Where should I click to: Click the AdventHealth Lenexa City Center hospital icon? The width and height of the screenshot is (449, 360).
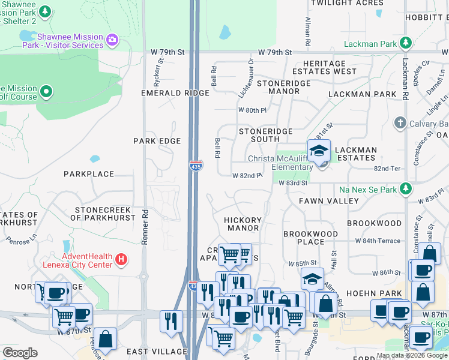coord(121,259)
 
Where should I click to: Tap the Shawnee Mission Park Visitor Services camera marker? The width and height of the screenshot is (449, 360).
coord(112,40)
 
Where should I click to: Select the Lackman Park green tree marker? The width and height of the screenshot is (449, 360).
coord(406,43)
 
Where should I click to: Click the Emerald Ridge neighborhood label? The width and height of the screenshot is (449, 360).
coord(175,93)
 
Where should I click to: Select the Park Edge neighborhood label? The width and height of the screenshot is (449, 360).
coord(157,141)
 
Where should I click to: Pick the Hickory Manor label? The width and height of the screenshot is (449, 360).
coord(243,224)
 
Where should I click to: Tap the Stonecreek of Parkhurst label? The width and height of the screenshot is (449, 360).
coord(103,214)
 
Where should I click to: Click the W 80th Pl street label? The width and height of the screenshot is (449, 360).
coord(252,110)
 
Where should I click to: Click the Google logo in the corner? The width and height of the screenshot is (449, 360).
coord(20,352)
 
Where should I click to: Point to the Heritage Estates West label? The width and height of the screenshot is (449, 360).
coord(325,67)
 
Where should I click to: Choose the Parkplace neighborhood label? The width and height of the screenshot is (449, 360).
coord(89,174)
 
